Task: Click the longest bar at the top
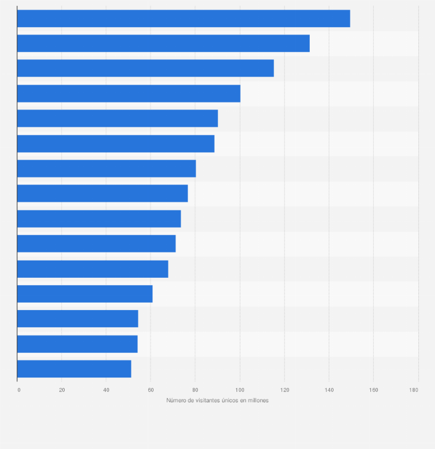(183, 18)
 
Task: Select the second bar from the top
(163, 43)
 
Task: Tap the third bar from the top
(145, 68)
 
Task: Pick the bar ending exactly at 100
(129, 93)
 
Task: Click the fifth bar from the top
(118, 118)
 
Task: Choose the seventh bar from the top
(107, 168)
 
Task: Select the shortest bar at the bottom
(74, 369)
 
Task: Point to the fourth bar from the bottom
(85, 294)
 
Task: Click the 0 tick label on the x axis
(18, 390)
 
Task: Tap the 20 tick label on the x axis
(62, 390)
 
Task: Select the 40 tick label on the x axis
(106, 390)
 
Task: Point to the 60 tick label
(151, 390)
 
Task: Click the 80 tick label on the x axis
(195, 390)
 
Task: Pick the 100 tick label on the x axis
(239, 390)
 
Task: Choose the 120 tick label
(284, 390)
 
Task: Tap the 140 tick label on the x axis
(329, 390)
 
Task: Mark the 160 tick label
(373, 390)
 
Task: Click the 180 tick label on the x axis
(414, 390)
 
